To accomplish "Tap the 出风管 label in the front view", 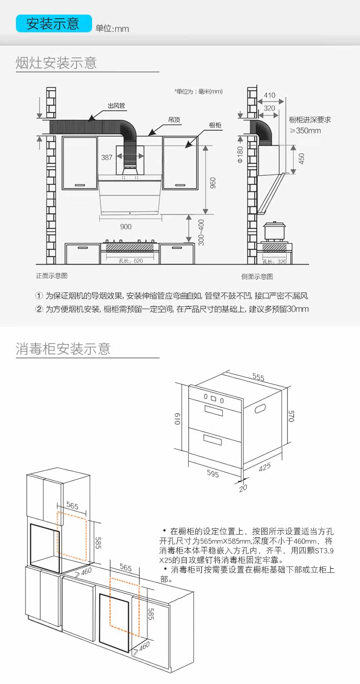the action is [116, 106].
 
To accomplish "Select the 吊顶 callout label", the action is [174, 120].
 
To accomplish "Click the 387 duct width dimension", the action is [107, 158].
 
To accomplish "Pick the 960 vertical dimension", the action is [213, 182].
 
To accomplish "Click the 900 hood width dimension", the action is [126, 226].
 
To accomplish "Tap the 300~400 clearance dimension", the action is [201, 233].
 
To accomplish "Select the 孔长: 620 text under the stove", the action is [131, 260].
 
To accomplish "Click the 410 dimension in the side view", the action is [270, 95].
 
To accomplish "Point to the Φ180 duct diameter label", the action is [240, 154].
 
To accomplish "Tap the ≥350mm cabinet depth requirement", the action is [305, 131].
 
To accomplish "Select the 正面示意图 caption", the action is [52, 276].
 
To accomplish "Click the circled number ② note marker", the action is [39, 309].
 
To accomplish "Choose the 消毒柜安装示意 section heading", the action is [63, 349].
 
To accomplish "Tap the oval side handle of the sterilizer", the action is [261, 408].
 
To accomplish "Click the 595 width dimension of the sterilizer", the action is [213, 474].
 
